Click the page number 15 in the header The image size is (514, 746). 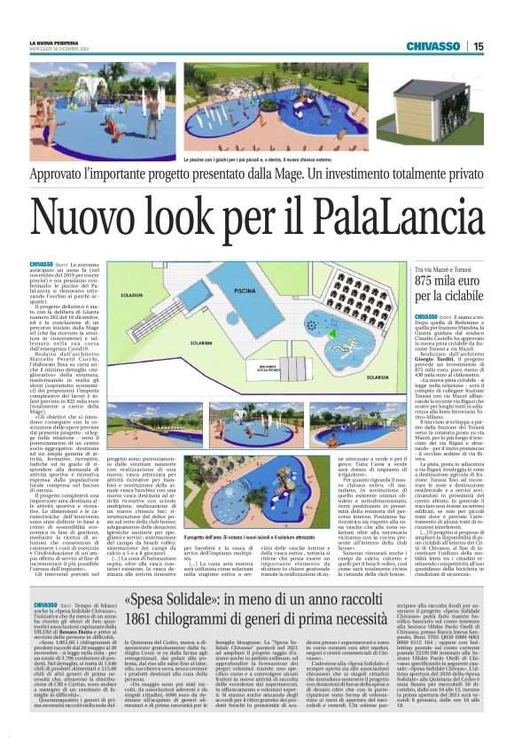(x=479, y=46)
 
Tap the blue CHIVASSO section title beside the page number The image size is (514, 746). (x=434, y=46)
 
